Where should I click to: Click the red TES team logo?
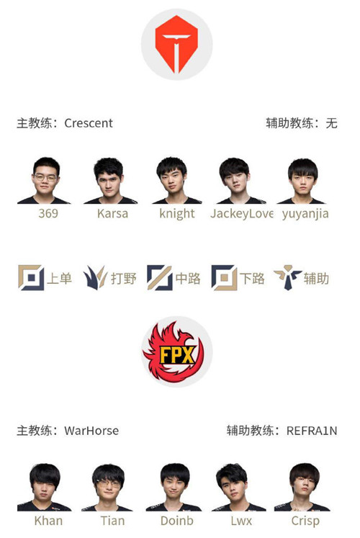(176, 44)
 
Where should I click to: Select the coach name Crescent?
(89, 123)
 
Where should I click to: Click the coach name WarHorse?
(91, 430)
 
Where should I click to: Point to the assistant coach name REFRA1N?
(312, 430)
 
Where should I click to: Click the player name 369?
(48, 213)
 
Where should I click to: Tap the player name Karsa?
(112, 213)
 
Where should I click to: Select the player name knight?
(177, 213)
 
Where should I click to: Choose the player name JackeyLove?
(242, 213)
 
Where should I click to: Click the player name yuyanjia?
(305, 214)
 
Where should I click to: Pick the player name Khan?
(48, 521)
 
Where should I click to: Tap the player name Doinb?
(177, 521)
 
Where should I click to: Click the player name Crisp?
(305, 521)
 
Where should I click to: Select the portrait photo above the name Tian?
(107, 487)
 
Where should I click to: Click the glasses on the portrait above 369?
(45, 178)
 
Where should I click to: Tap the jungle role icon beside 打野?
(95, 277)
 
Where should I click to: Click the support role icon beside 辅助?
(288, 277)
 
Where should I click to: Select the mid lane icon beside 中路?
(159, 277)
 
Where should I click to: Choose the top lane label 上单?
(59, 278)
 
